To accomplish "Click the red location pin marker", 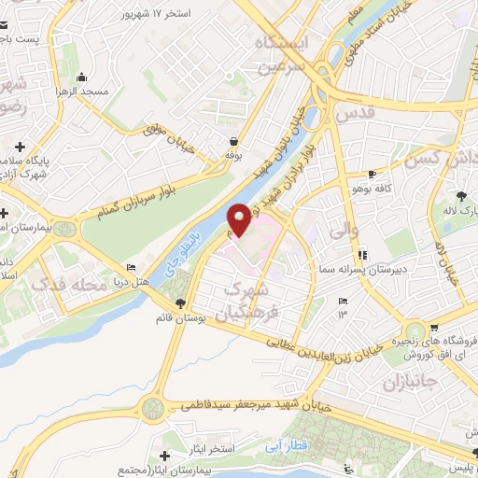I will pos(240,219).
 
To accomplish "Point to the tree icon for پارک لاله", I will pos(460,194).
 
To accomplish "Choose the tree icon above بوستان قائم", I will pos(179,302).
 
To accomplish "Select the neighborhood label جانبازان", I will pos(409,383).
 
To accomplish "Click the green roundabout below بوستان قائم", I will pos(152,408).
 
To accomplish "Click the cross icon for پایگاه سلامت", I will pos(21,146).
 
